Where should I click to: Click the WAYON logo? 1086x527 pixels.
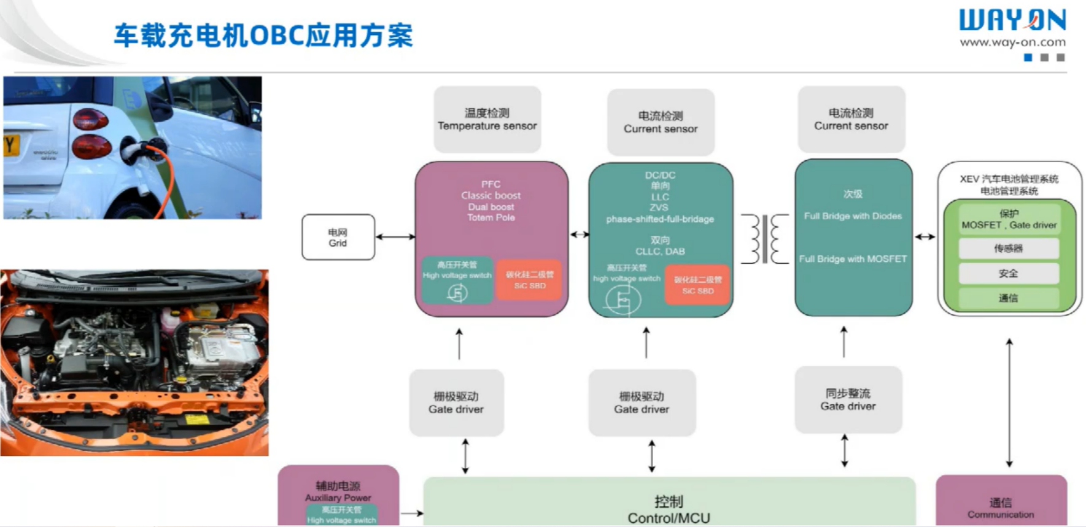pyautogui.click(x=1012, y=20)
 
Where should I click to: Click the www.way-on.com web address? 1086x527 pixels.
pyautogui.click(x=1012, y=42)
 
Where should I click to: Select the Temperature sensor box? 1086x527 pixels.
pyautogui.click(x=487, y=119)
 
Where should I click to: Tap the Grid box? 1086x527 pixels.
pyautogui.click(x=338, y=237)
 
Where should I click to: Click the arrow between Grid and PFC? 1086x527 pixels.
pyautogui.click(x=395, y=237)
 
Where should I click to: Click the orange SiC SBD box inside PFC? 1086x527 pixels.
pyautogui.click(x=529, y=280)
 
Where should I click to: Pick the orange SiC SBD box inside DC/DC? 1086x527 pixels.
pyautogui.click(x=697, y=285)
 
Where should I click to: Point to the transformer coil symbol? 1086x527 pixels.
pyautogui.click(x=764, y=239)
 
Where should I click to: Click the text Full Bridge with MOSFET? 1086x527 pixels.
pyautogui.click(x=853, y=259)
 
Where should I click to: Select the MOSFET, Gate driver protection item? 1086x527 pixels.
pyautogui.click(x=1009, y=220)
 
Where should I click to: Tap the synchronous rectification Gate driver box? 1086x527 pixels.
pyautogui.click(x=848, y=400)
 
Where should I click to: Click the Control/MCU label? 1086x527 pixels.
pyautogui.click(x=669, y=510)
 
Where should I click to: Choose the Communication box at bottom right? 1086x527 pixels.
pyautogui.click(x=1001, y=502)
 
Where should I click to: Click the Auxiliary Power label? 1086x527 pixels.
pyautogui.click(x=338, y=492)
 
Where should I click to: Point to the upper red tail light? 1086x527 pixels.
pyautogui.click(x=90, y=119)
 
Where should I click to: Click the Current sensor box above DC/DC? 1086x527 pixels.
pyautogui.click(x=661, y=122)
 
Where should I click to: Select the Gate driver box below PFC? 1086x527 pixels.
pyautogui.click(x=456, y=403)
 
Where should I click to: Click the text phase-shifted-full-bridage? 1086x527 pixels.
pyautogui.click(x=660, y=219)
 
